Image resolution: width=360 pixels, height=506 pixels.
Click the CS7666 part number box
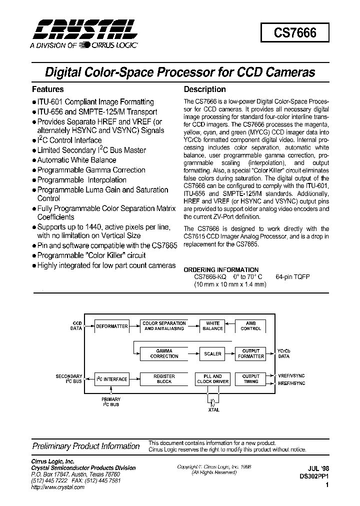click(295, 33)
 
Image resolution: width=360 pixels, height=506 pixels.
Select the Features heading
click(48, 89)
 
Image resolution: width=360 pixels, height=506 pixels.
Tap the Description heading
click(205, 89)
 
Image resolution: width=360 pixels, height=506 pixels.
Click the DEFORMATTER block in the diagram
click(112, 326)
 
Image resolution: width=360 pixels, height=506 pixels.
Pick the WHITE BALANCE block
click(212, 326)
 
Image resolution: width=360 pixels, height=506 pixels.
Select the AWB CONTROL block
click(250, 326)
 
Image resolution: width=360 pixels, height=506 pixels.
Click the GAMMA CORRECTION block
click(164, 353)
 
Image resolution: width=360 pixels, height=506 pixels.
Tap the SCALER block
click(212, 353)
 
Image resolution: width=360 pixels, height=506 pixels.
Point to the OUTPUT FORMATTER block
click(250, 353)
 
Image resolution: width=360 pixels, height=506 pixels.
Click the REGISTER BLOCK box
click(164, 379)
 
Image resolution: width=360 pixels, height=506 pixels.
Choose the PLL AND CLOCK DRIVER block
click(212, 379)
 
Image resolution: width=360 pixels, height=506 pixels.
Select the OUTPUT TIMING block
click(250, 379)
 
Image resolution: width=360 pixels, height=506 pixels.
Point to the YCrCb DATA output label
click(284, 353)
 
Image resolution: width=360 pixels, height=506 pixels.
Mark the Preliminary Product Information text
click(86, 446)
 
